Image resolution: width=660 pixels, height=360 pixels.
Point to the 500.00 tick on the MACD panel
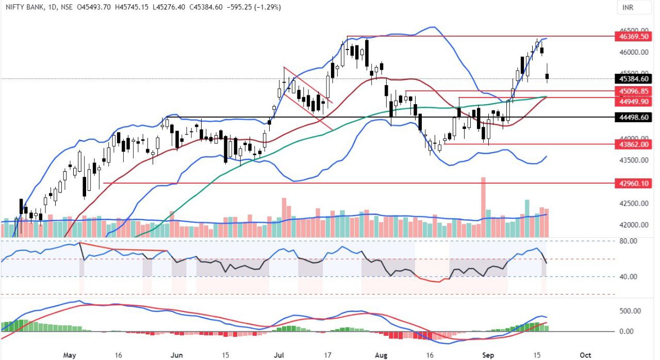click(x=629, y=311)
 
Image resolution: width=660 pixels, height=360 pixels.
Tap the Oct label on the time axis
click(x=585, y=355)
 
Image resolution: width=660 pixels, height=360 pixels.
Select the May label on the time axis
click(x=70, y=355)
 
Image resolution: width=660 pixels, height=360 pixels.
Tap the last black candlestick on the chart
click(x=547, y=76)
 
